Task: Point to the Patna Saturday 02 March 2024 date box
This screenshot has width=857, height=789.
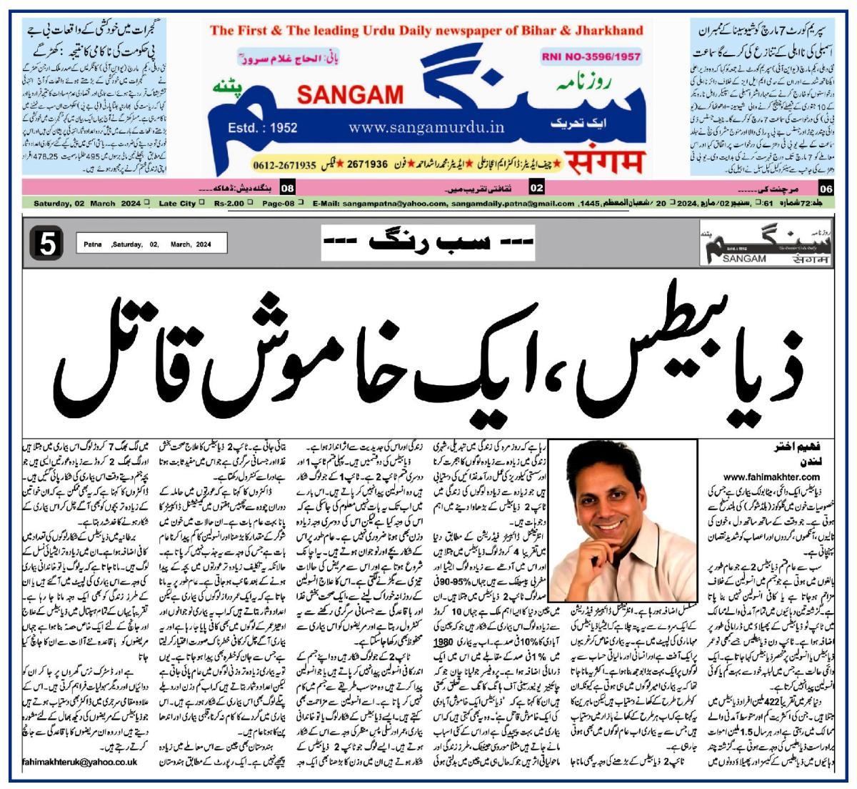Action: coord(151,244)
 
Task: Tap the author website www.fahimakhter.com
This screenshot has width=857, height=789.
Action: coord(771,476)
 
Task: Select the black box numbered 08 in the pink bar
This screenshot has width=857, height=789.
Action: coord(287,189)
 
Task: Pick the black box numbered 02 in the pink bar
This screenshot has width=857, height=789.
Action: coord(536,189)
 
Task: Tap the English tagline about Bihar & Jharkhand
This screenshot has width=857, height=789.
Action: coord(426,31)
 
